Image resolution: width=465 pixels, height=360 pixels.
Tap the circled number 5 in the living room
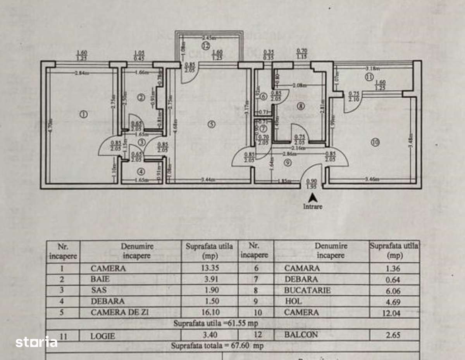(211, 124)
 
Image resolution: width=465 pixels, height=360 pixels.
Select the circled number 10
(375, 142)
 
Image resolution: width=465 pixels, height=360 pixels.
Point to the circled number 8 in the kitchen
(301, 106)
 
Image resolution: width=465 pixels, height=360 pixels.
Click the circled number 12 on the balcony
(205, 46)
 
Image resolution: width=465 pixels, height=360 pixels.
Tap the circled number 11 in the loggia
(368, 78)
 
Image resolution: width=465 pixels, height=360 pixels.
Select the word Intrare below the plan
(313, 207)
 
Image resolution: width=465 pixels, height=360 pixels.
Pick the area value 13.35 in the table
(209, 268)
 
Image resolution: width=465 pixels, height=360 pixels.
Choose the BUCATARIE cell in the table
(307, 290)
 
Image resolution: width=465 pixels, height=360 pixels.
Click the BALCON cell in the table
(301, 335)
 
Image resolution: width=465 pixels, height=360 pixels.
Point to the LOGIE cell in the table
(103, 336)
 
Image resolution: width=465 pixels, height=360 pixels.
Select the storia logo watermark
(36, 342)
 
